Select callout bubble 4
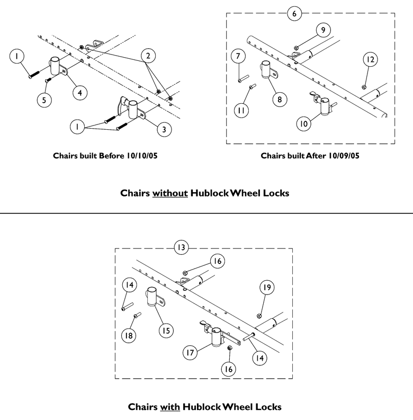(79, 93)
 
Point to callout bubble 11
(240, 110)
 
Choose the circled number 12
(370, 59)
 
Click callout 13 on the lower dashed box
(182, 248)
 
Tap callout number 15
(166, 330)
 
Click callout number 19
(266, 288)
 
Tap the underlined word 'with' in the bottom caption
(170, 407)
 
